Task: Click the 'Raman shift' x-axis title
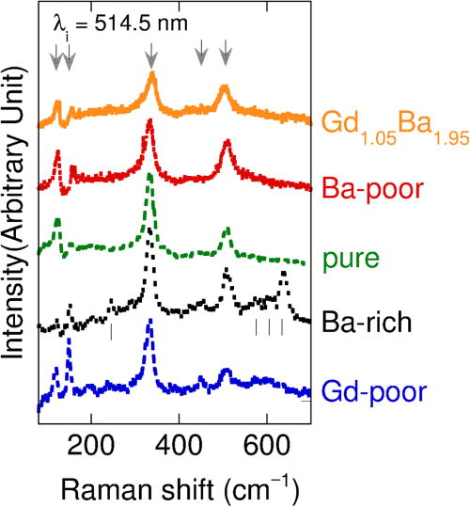click(x=178, y=486)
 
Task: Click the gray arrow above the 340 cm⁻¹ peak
click(x=151, y=57)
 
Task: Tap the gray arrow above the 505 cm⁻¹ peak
click(x=225, y=57)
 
